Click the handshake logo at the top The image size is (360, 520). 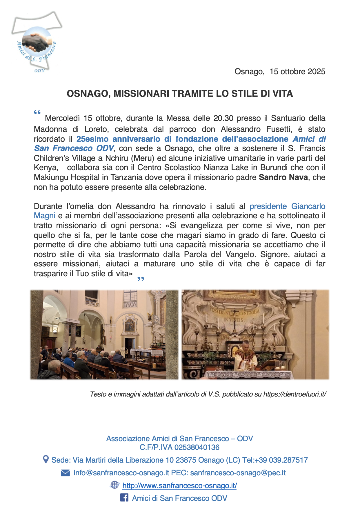tap(36, 43)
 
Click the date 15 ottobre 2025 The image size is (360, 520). tap(297, 72)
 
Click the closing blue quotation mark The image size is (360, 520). tap(141, 279)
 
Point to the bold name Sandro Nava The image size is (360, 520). tap(283, 177)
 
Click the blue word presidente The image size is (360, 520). tap(268, 206)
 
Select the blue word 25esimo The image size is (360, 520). tap(92, 139)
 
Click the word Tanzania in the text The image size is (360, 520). tap(155, 177)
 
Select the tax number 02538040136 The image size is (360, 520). tap(197, 447)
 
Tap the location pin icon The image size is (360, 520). tap(46, 459)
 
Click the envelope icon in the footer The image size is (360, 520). tap(65, 473)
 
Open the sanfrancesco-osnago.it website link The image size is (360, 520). tap(179, 486)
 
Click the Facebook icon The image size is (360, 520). tap(124, 498)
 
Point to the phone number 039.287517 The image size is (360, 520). tap(288, 460)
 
